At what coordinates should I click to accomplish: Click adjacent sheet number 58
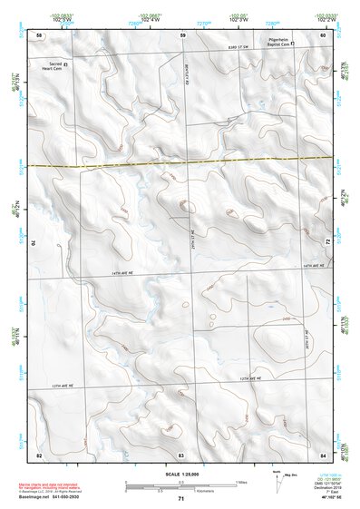click(x=39, y=35)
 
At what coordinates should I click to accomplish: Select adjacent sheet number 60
click(x=322, y=35)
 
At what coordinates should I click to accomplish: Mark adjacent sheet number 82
click(x=39, y=453)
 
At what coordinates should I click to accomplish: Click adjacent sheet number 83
click(x=181, y=453)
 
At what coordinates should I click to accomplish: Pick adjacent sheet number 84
click(x=322, y=453)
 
